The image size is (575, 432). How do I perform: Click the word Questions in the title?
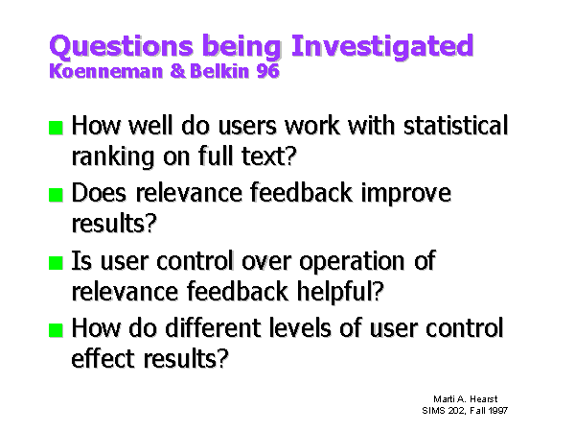click(x=122, y=47)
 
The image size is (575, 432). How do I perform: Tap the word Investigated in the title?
click(x=382, y=47)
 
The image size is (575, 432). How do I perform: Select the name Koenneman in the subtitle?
click(x=106, y=71)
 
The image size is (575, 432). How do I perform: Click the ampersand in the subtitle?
click(x=178, y=71)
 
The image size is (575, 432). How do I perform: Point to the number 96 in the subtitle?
click(x=268, y=71)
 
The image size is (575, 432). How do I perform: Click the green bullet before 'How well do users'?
click(x=57, y=128)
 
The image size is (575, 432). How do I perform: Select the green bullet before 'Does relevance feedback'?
click(x=57, y=195)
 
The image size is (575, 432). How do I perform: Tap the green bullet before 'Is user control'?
click(x=57, y=263)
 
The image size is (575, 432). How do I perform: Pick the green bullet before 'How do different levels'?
click(x=57, y=330)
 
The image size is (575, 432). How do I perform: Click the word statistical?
click(x=456, y=125)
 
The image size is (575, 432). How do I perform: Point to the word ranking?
click(x=113, y=157)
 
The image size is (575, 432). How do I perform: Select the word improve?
click(x=406, y=194)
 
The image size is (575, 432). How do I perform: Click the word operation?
click(x=352, y=261)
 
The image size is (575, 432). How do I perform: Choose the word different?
click(x=213, y=327)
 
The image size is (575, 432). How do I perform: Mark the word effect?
click(x=103, y=358)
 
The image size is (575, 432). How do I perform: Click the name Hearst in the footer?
click(x=484, y=399)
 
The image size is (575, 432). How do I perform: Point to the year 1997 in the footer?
click(x=498, y=410)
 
